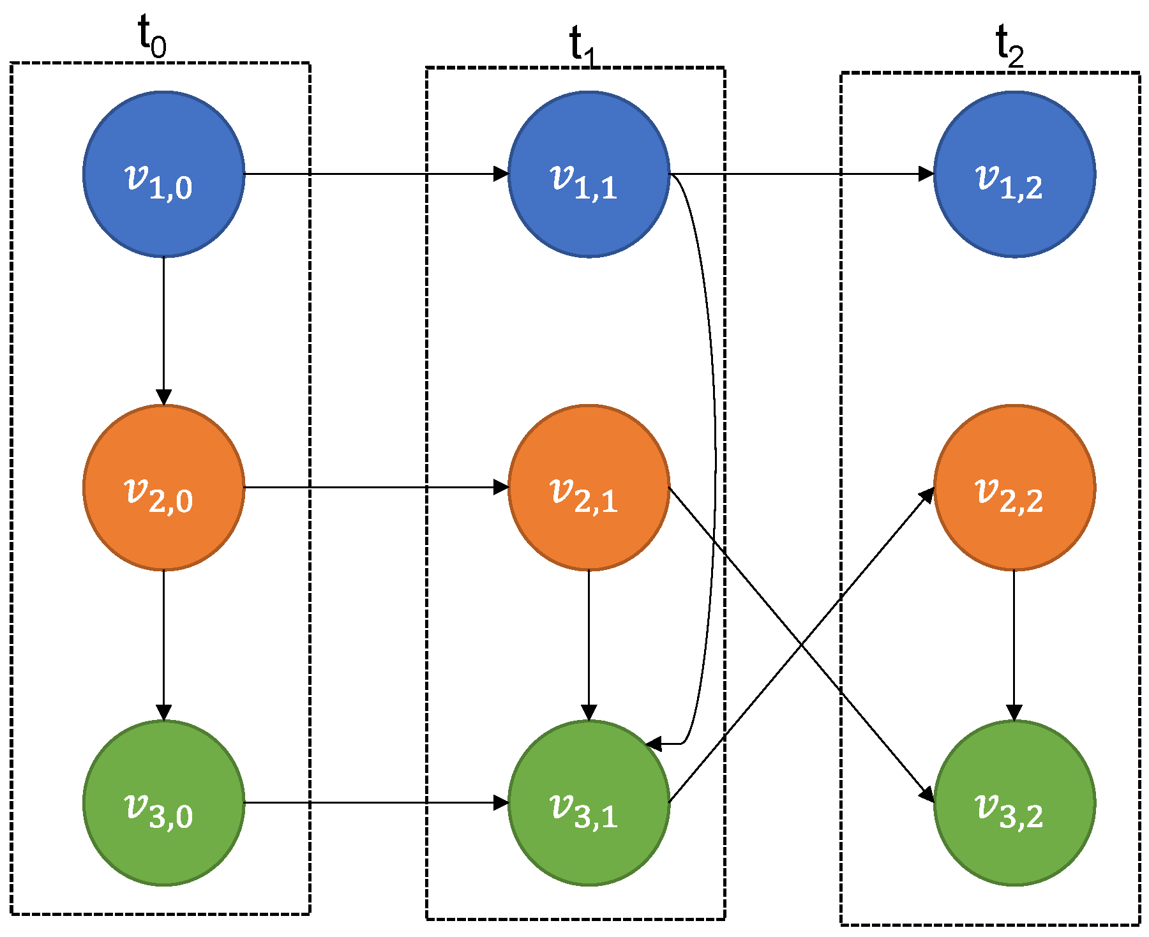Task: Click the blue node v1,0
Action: pos(163,174)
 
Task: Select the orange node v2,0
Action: pos(163,487)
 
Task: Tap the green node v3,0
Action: pos(163,802)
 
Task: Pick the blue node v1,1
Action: pos(589,174)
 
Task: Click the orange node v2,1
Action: pos(589,487)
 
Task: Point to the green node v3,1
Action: pos(589,802)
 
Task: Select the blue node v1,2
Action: pos(1014,174)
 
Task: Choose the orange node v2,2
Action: pos(1014,487)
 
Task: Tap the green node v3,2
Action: pos(1014,802)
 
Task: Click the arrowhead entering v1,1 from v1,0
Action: pos(501,174)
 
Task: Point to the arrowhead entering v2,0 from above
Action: pos(163,397)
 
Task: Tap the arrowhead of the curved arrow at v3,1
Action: pos(654,744)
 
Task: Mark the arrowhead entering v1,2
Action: pos(926,174)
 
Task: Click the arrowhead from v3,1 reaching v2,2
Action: pos(927,495)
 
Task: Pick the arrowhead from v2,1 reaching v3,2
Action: pos(927,794)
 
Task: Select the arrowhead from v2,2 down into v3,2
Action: pos(1014,712)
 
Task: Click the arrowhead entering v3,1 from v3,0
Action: pos(501,802)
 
